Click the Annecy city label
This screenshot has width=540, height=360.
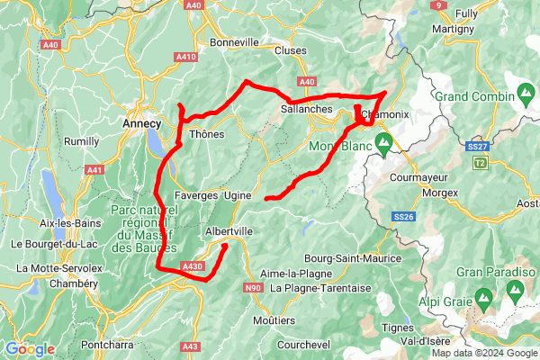[141, 123]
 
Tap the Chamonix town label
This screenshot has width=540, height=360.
[384, 114]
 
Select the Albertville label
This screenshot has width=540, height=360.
[229, 230]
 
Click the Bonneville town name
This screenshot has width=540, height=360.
[234, 41]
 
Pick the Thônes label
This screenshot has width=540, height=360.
[207, 134]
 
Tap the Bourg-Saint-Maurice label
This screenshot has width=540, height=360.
[352, 257]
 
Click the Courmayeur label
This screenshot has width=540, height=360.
[419, 177]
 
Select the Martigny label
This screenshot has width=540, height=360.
[453, 29]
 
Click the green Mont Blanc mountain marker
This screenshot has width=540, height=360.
[383, 141]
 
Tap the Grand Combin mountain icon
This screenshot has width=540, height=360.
[525, 94]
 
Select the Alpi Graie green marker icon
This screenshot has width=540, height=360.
[484, 296]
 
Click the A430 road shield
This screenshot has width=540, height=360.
[192, 266]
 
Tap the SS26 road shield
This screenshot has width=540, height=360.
[403, 217]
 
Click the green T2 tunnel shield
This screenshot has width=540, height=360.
[479, 162]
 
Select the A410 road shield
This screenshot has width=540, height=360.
[186, 57]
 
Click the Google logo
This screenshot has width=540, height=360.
[30, 349]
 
